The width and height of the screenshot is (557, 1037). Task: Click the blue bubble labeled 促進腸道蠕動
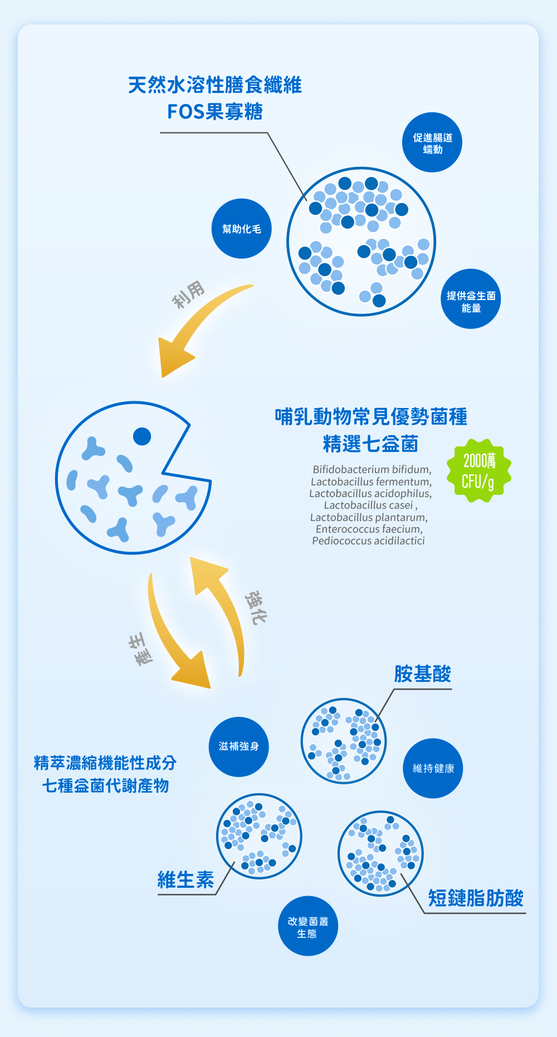[x=432, y=142]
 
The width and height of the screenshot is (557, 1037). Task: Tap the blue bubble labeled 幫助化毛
[x=241, y=229]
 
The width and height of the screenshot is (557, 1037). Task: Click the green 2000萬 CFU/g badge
[x=478, y=471]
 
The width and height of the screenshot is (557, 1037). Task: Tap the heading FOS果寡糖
[x=215, y=112]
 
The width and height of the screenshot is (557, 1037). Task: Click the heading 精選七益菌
[x=370, y=444]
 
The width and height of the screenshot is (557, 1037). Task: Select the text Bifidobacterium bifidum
[x=372, y=469]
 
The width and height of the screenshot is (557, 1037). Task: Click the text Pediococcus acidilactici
[x=368, y=541]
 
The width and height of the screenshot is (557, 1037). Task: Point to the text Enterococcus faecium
[x=369, y=529]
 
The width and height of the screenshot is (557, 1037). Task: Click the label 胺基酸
[x=422, y=674]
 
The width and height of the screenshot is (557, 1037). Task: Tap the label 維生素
[x=185, y=880]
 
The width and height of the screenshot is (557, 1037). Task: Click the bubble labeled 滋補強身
[x=239, y=746]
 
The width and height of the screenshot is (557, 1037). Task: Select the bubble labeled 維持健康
[x=433, y=769]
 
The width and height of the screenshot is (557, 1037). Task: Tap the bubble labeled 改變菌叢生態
[x=308, y=927]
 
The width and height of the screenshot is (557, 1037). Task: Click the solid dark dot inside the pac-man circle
[x=142, y=436]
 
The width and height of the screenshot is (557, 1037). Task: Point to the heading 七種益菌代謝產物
[x=105, y=786]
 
